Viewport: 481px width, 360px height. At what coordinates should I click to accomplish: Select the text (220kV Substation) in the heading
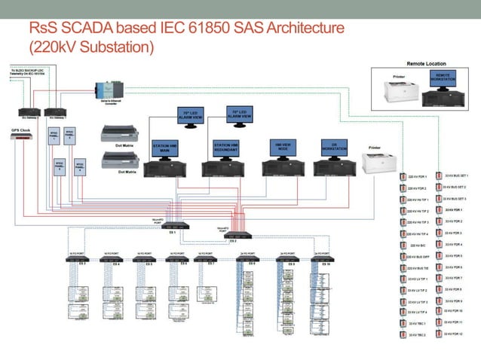[91, 47]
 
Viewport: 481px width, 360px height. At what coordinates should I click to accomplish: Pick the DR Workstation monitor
[329, 145]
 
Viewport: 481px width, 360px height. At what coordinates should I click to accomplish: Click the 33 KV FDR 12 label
[452, 332]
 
